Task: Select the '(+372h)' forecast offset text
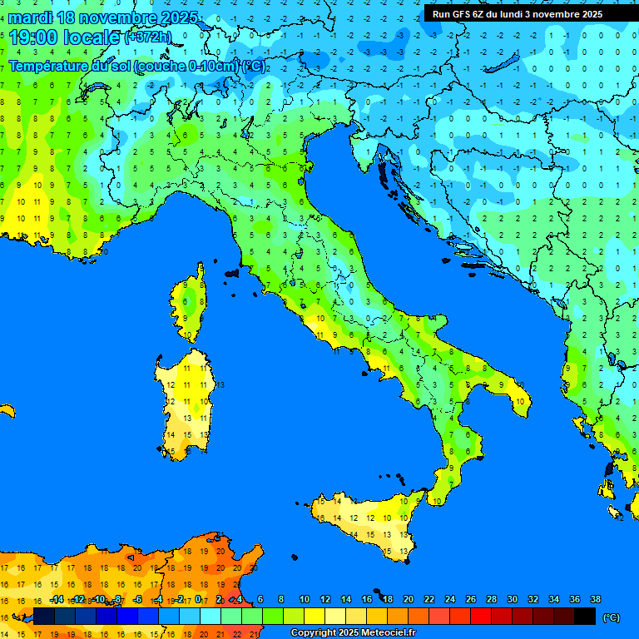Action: point(147,37)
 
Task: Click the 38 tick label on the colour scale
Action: point(595,599)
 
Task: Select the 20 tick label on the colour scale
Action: point(409,599)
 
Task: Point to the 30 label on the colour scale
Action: point(513,599)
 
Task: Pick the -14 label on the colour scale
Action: point(57,599)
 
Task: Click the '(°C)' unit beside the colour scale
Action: point(612,617)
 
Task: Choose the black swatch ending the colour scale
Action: point(585,617)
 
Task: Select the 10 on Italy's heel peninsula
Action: point(519,401)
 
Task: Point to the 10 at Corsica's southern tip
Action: point(189,336)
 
